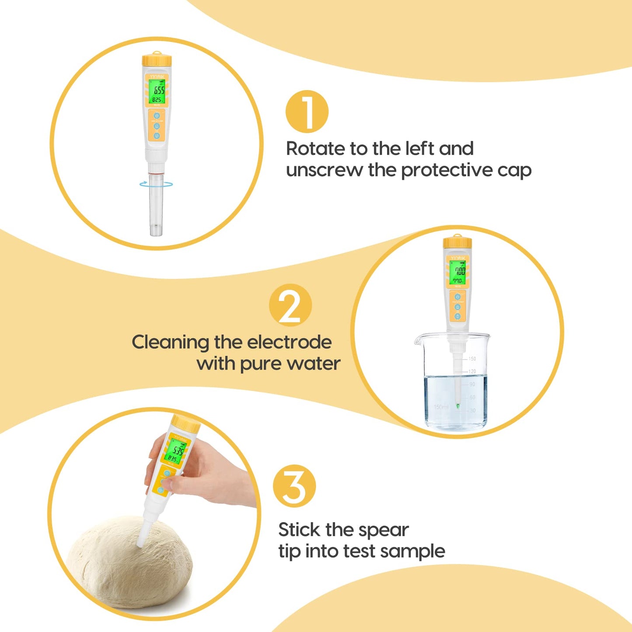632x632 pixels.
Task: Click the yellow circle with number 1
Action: [x=307, y=112]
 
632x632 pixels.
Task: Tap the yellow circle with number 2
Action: [x=290, y=305]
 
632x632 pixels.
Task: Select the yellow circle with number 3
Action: [x=294, y=486]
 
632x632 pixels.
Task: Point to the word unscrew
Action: [x=324, y=170]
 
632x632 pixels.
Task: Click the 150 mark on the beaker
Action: [x=472, y=359]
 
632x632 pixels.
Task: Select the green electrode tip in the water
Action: [x=457, y=406]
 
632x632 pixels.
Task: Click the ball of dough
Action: [x=129, y=564]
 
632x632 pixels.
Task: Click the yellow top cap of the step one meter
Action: [x=157, y=60]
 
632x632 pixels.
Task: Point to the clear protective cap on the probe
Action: [x=156, y=206]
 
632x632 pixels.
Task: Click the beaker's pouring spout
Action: [x=419, y=338]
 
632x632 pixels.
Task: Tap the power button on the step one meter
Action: [x=157, y=116]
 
